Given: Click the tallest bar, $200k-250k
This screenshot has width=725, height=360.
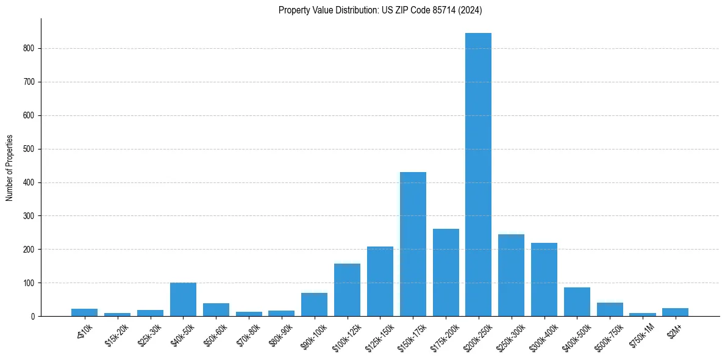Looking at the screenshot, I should coord(478,175).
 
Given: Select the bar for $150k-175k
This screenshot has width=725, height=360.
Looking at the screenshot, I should coord(413,244).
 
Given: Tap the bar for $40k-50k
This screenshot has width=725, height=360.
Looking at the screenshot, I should coord(183,300).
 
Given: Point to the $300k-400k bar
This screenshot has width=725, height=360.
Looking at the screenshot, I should coord(544,279).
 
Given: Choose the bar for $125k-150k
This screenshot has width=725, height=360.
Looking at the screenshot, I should coord(380,281).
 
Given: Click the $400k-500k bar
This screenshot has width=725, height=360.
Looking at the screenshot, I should coord(577,302).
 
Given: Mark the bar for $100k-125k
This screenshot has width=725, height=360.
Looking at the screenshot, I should coord(347,290).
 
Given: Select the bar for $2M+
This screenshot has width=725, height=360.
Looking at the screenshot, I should coord(675,312).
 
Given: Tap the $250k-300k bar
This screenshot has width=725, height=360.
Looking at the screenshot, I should coord(511,275).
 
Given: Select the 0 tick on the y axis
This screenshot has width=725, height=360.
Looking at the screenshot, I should coord(34,317).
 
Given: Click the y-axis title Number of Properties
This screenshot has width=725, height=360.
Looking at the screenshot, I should coord(10,167).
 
